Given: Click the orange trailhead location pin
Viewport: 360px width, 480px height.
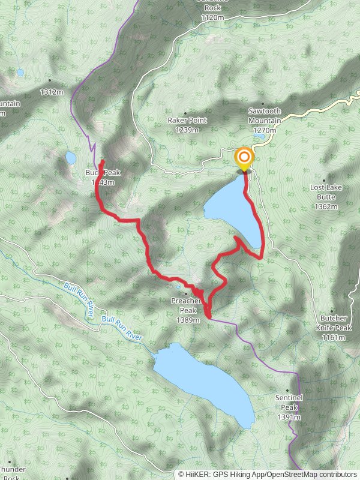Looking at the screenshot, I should tap(244, 159).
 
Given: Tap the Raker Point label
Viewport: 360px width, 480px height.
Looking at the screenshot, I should tap(187, 120).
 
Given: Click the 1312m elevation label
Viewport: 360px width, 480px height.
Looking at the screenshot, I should tap(51, 92).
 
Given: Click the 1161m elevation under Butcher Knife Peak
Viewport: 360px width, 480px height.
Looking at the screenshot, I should tap(334, 338).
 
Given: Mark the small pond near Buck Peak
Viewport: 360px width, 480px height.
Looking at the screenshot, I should tap(70, 158).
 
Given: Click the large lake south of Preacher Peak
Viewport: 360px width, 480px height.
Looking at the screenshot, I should tap(204, 384).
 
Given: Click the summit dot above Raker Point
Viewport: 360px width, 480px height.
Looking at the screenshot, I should tap(185, 113).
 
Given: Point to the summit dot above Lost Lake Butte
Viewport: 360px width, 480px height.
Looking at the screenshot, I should tap(325, 180).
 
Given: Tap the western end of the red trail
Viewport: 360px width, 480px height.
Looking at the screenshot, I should tap(101, 162).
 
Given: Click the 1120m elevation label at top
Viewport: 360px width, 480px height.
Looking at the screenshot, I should tap(212, 19).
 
